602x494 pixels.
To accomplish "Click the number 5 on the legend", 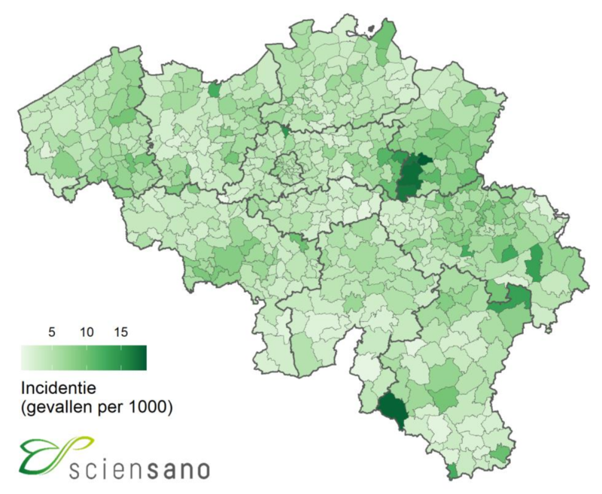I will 52,331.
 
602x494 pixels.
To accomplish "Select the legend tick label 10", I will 86,331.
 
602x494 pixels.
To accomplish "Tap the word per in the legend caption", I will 112,410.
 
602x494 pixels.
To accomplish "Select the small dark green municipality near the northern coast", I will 214,90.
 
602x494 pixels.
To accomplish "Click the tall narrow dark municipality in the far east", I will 535,263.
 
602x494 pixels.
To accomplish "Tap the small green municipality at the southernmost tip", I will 451,471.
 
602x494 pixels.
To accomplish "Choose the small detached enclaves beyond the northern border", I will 370,31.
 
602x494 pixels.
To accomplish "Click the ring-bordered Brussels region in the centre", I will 287,168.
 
